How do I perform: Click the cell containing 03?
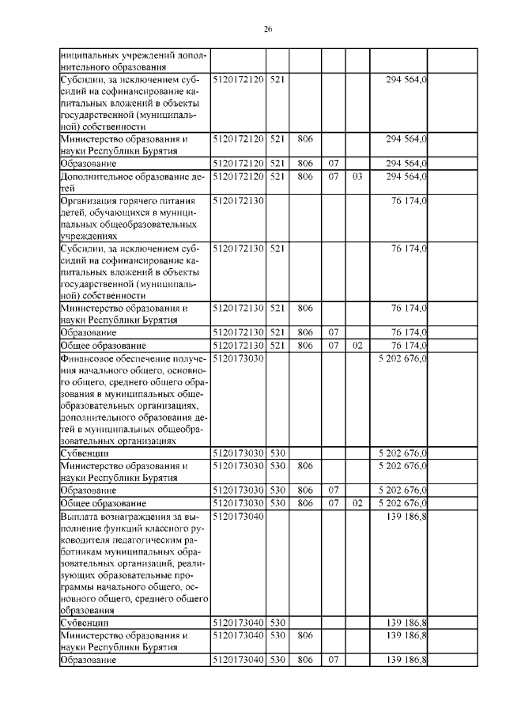pyautogui.click(x=357, y=177)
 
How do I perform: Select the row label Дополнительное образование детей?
pyautogui.click(x=131, y=177)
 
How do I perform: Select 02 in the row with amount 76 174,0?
pyautogui.click(x=357, y=346)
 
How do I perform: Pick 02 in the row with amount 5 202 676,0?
pyautogui.click(x=357, y=503)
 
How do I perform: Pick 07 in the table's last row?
pyautogui.click(x=334, y=660)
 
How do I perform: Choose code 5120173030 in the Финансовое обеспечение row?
pyautogui.click(x=237, y=359)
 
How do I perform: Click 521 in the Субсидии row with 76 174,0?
pyautogui.click(x=276, y=248)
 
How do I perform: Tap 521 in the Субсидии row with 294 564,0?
pyautogui.click(x=276, y=81)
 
